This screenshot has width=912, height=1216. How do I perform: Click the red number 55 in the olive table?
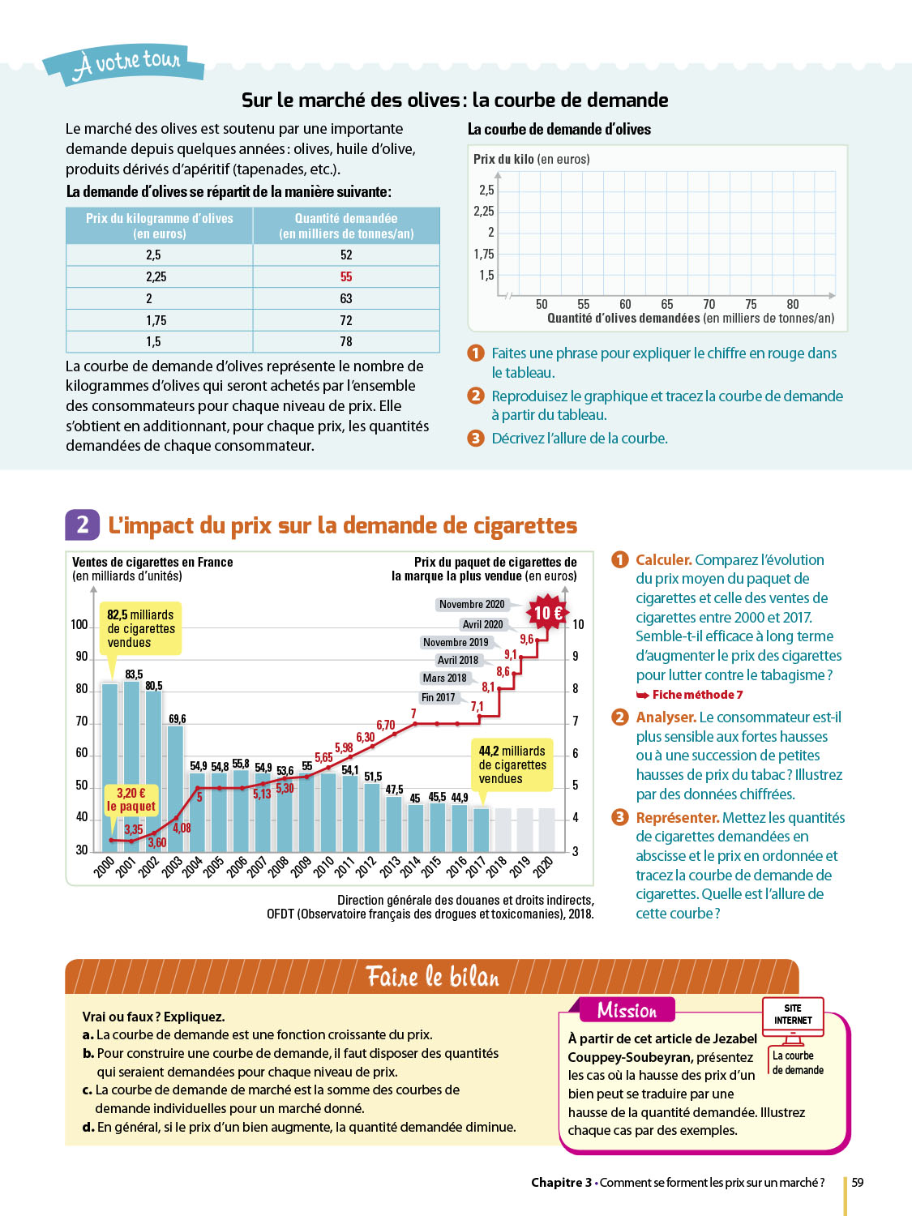click(346, 276)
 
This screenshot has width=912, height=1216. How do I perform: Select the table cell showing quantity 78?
click(346, 341)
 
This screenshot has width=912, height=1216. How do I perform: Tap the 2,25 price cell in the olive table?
click(156, 276)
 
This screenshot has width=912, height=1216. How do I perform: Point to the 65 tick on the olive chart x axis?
click(667, 304)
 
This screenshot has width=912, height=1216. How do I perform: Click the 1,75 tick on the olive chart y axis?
click(484, 254)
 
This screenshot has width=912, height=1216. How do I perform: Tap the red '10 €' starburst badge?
click(548, 613)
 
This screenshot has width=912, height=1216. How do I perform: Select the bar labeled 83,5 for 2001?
click(131, 762)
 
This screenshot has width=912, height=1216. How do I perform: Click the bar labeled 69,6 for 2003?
click(175, 786)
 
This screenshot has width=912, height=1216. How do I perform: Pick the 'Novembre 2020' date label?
click(472, 604)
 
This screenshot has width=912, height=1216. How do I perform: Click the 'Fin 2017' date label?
click(438, 697)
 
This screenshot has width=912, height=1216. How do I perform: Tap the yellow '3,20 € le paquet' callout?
click(131, 799)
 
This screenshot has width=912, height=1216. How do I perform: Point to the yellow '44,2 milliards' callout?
click(512, 764)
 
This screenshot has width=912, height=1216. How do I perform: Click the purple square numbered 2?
click(82, 525)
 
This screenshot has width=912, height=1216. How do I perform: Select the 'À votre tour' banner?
click(126, 63)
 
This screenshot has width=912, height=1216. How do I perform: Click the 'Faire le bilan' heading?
click(432, 976)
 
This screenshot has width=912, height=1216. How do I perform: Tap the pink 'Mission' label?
click(627, 1010)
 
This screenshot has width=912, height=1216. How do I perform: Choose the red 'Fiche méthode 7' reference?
click(690, 695)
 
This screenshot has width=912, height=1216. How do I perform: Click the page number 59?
click(858, 1183)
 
